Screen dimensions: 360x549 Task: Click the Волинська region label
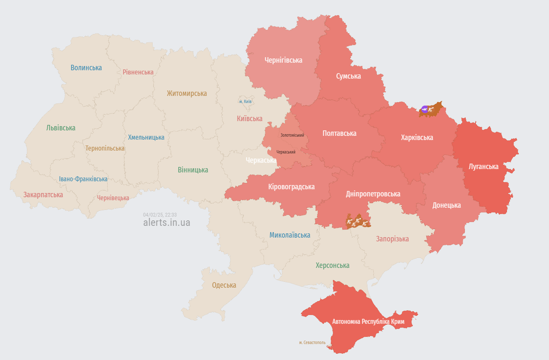86,68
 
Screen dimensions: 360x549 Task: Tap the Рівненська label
138,72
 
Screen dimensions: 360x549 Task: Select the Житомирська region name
187,93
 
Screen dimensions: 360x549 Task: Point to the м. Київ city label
245,102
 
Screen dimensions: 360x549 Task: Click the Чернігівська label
283,60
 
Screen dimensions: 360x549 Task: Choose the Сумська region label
348,76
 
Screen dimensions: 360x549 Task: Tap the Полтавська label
339,133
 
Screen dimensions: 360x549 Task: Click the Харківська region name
417,138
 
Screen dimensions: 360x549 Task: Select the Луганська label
483,167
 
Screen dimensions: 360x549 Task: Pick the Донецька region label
446,205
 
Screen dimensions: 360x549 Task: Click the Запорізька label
392,239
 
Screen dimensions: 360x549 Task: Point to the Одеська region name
224,285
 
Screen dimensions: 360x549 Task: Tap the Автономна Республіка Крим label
368,322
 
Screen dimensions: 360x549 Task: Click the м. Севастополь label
312,342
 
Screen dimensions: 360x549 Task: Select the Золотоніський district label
292,135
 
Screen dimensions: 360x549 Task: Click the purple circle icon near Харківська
425,109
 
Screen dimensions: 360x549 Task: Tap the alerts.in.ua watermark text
166,222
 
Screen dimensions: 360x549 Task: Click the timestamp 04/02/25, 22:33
160,214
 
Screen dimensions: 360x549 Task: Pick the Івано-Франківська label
83,179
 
